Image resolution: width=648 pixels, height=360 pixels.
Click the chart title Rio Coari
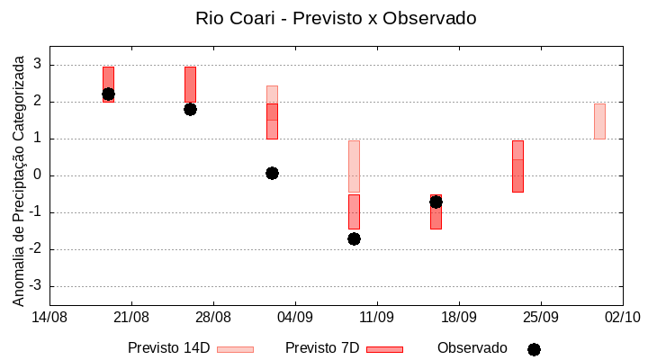tap(336, 18)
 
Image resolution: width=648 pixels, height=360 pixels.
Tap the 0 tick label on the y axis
tap(38, 175)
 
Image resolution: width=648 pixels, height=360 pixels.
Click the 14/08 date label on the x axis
tap(49, 317)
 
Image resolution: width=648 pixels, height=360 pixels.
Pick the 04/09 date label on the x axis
tap(294, 317)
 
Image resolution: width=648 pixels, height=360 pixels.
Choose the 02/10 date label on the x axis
tap(621, 317)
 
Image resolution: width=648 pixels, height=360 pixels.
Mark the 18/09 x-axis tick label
tap(458, 317)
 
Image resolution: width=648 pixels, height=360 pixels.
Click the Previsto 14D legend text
tap(168, 348)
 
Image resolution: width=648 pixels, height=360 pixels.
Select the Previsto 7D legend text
tap(322, 348)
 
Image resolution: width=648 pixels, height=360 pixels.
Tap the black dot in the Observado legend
tap(534, 349)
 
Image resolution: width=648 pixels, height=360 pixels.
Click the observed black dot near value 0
tap(272, 173)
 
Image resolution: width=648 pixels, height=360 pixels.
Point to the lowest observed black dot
tap(354, 238)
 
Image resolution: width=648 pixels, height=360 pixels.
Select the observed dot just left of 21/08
tap(108, 94)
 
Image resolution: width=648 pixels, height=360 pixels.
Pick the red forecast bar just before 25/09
tap(517, 166)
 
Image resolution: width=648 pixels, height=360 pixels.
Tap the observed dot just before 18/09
tap(436, 202)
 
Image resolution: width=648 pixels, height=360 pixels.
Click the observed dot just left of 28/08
tap(190, 109)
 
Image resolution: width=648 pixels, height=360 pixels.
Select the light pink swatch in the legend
tap(235, 349)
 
